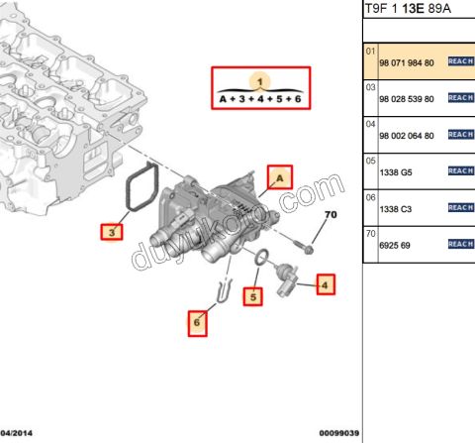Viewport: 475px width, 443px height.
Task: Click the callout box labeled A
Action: (279, 178)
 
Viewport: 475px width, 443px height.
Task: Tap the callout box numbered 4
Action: (325, 287)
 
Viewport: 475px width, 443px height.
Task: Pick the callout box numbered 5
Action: (253, 295)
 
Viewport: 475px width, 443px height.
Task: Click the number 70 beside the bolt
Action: (331, 215)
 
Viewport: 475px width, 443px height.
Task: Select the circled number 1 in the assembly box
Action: (259, 80)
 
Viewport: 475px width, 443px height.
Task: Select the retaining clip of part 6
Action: (224, 291)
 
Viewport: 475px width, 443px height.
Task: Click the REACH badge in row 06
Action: (461, 207)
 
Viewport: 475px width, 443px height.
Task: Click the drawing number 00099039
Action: (338, 434)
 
